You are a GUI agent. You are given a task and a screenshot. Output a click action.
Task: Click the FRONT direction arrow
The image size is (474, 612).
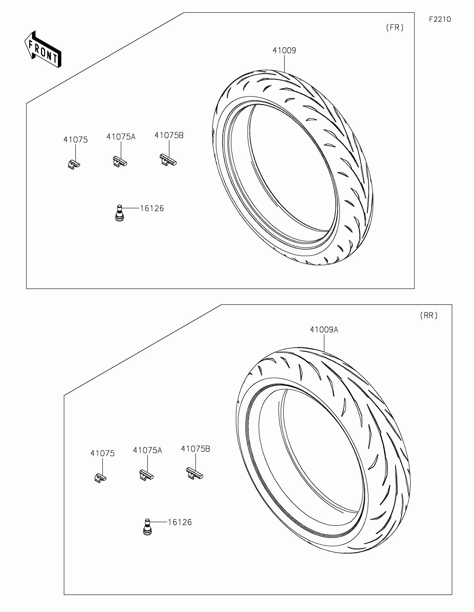pos(43,49)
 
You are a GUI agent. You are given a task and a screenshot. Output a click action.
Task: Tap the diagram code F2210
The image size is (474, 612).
pos(440,19)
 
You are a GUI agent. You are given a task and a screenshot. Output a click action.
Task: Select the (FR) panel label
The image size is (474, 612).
pos(395,28)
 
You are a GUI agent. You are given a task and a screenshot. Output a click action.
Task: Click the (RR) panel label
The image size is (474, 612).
pos(429,315)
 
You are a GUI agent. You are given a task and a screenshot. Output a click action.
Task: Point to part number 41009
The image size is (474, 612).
pos(284,50)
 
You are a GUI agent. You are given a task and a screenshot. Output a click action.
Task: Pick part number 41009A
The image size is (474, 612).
pos(324,330)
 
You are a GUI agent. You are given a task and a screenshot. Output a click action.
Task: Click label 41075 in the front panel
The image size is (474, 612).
pos(76,140)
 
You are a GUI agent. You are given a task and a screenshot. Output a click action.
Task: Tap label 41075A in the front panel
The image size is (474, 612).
pos(121,137)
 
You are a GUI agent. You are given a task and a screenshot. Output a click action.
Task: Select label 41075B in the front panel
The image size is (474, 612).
pos(169,135)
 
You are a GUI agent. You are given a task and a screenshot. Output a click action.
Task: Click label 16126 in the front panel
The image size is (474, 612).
pos(152,208)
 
